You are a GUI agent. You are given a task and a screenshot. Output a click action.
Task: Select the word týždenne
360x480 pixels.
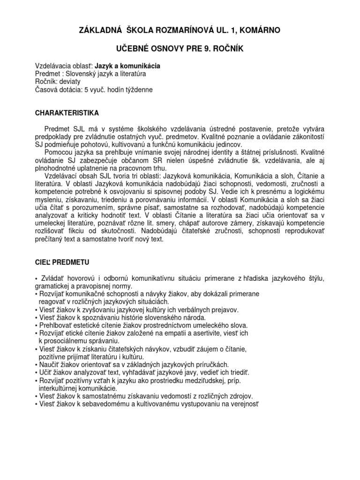click(x=138, y=89)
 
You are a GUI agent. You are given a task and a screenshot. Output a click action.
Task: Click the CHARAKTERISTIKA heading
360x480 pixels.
click(x=67, y=112)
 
